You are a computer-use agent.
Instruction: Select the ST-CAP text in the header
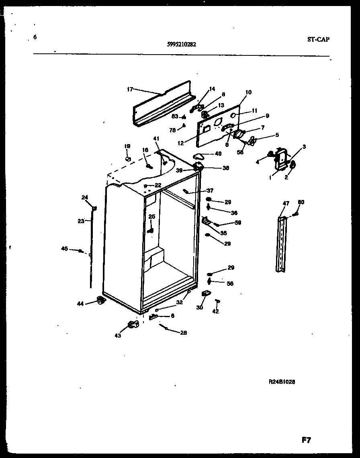point(317,39)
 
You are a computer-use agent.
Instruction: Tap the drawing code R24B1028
point(282,382)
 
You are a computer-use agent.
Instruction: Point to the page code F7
point(306,440)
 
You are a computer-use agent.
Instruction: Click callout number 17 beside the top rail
point(130,89)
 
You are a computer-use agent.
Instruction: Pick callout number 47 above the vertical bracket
point(286,204)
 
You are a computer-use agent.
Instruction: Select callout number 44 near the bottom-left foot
point(80,304)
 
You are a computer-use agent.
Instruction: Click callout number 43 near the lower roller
point(118,336)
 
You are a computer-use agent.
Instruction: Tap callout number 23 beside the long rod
point(81,220)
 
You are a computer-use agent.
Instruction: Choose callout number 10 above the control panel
point(248,92)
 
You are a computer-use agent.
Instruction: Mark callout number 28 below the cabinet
point(183,332)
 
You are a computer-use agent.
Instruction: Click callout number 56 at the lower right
point(230,283)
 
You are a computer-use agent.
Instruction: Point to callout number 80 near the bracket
point(301,202)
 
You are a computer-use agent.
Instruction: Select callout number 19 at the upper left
point(127,147)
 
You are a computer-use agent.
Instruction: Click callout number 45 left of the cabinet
point(64,249)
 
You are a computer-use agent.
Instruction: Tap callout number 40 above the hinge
point(218,153)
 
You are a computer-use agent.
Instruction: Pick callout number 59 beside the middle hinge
point(238,223)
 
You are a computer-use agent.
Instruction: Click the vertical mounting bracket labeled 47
point(283,245)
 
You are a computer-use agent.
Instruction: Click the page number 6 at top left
point(35,37)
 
